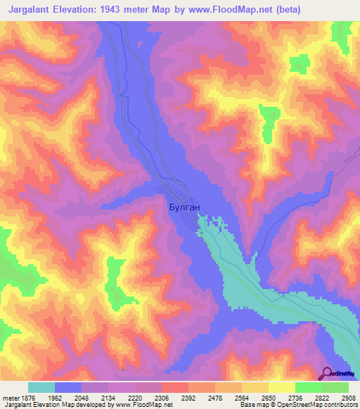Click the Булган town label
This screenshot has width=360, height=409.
[x=186, y=207]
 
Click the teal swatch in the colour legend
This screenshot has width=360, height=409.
[x=41, y=387]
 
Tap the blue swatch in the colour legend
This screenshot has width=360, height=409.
[x=68, y=387]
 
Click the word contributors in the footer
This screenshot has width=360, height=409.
[x=339, y=405]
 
